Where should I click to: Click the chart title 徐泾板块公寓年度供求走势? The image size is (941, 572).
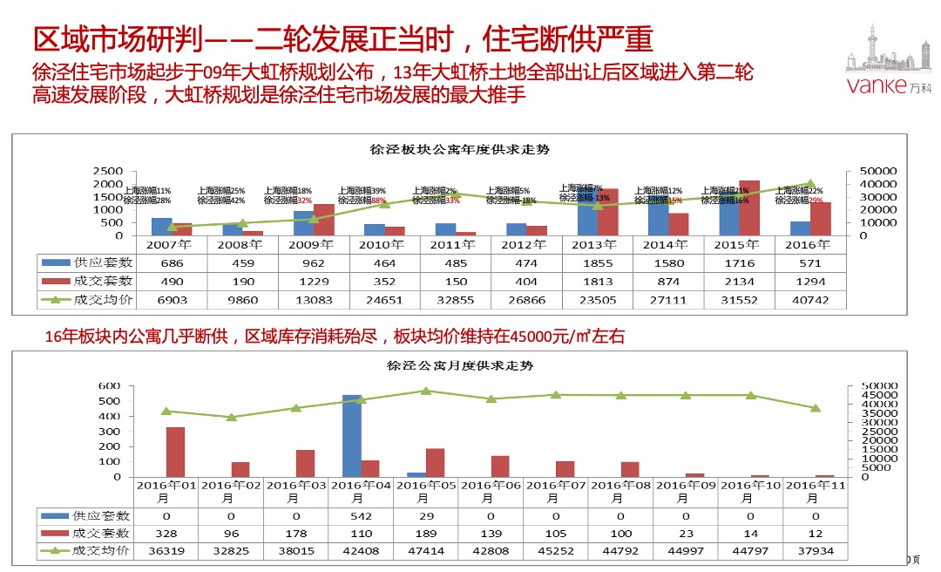460,150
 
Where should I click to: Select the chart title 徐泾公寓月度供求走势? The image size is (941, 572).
460,366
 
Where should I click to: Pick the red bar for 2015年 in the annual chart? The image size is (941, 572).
749,208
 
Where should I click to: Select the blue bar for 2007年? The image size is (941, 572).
162,227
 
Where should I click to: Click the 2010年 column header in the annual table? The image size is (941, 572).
380,245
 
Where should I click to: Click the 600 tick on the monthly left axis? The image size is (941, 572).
109,385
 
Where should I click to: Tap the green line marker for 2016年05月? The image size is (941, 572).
426,391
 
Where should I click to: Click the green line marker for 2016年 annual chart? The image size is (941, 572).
811,184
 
